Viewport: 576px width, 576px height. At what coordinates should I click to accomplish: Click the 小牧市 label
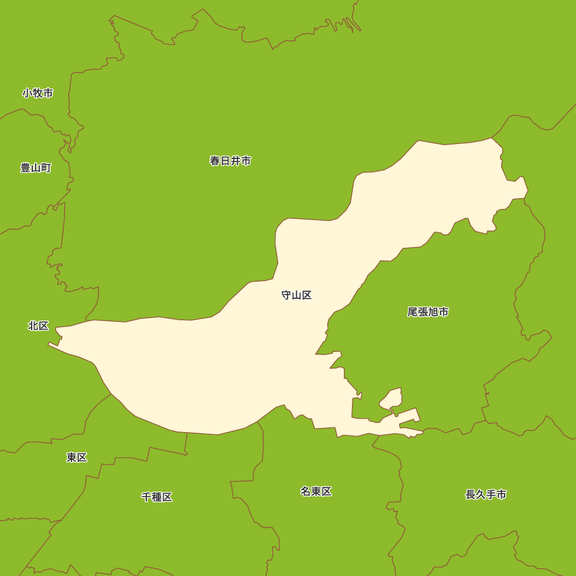click(x=38, y=93)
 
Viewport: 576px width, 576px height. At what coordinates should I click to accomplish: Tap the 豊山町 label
click(x=36, y=168)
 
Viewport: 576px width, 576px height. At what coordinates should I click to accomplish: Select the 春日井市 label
click(x=230, y=161)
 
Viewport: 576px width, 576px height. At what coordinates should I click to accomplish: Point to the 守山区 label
click(x=297, y=295)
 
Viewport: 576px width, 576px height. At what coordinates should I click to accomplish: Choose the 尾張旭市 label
click(x=428, y=312)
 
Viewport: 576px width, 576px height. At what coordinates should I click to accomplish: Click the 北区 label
click(x=39, y=326)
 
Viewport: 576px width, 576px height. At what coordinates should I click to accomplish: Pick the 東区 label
click(x=77, y=457)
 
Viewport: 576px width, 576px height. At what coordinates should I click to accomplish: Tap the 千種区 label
click(x=157, y=497)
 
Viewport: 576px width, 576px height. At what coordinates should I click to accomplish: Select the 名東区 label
click(x=316, y=491)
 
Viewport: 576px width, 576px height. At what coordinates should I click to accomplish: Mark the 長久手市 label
click(x=486, y=495)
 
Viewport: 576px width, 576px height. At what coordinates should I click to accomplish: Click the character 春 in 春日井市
click(x=215, y=161)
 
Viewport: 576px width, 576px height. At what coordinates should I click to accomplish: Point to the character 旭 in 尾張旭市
click(x=433, y=312)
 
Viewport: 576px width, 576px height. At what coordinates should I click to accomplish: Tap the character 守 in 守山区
click(x=286, y=295)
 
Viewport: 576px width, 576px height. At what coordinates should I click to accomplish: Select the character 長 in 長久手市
click(x=471, y=495)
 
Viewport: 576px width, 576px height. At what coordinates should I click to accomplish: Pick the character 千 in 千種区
click(x=146, y=497)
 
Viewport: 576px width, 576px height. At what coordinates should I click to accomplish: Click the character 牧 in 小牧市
click(x=38, y=93)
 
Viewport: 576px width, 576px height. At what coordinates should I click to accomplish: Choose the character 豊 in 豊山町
click(x=25, y=168)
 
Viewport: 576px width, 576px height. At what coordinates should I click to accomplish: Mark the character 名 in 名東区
click(x=305, y=491)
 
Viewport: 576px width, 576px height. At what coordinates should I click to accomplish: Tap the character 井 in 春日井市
click(x=236, y=161)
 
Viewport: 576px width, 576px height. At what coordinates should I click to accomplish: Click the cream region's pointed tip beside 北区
click(x=50, y=344)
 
